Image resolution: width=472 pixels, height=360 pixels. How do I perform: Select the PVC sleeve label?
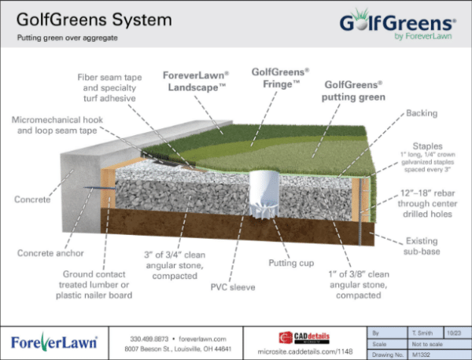click(x=233, y=287)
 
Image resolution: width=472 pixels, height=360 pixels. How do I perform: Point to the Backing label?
click(x=422, y=114)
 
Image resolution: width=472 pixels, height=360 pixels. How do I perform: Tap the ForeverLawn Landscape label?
click(x=195, y=81)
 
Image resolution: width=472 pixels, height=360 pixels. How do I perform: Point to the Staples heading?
click(x=430, y=146)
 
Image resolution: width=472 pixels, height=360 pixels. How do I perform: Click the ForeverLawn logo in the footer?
click(x=53, y=343)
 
